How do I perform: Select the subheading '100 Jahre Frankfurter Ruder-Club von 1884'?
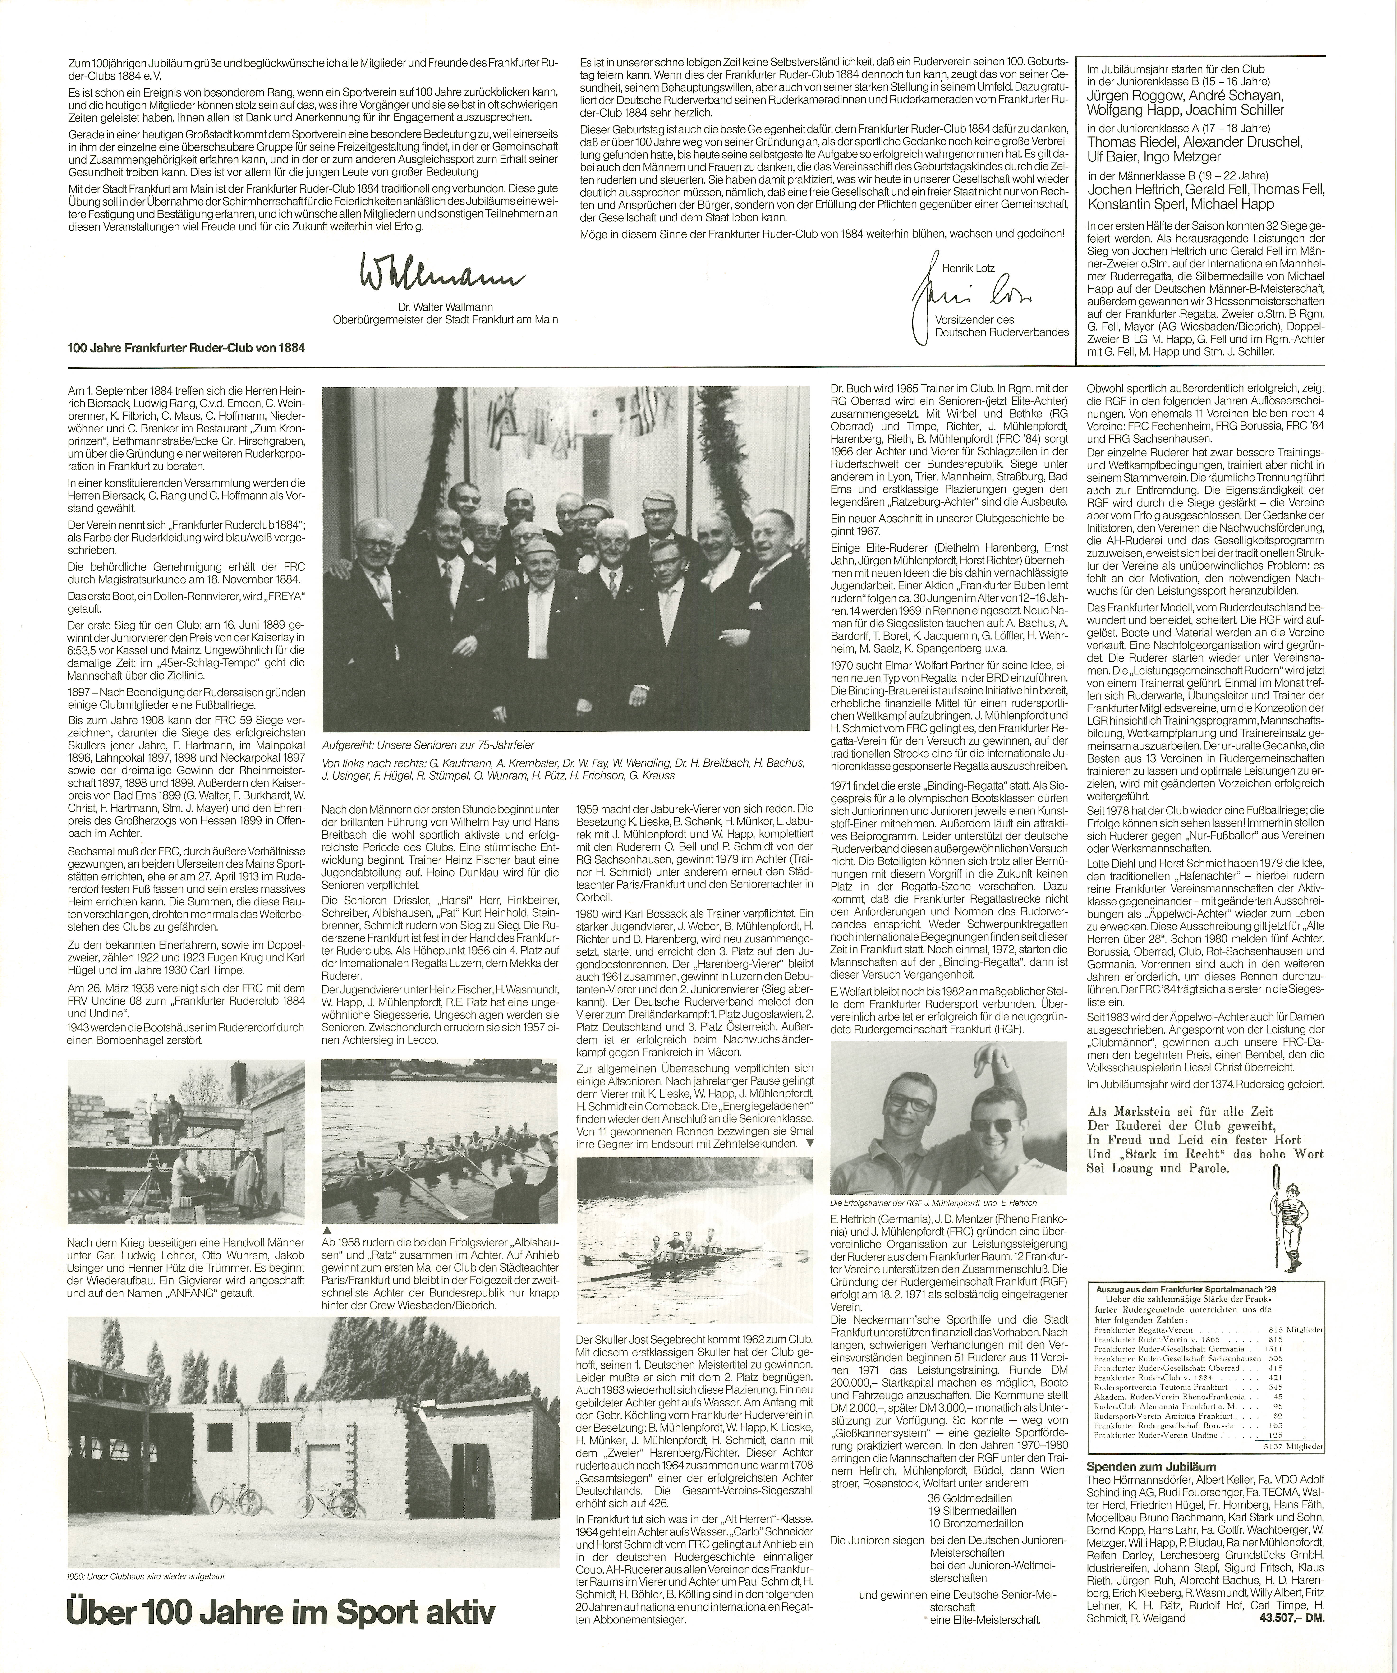coord(187,347)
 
